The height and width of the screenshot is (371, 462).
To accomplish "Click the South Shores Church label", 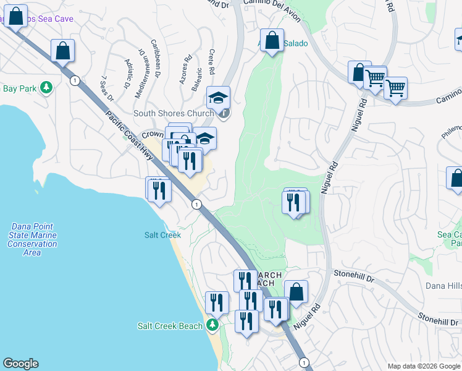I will (174, 113).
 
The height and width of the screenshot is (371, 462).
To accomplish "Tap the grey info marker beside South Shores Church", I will (224, 113).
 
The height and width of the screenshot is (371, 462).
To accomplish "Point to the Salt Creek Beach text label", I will (170, 326).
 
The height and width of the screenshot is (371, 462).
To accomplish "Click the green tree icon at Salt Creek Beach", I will (212, 325).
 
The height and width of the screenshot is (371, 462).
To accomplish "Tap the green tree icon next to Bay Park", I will (46, 88).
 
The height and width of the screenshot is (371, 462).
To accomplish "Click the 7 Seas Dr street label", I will (107, 88).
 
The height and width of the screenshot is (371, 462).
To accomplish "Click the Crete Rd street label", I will (212, 60).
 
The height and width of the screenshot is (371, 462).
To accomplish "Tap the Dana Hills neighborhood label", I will (443, 286).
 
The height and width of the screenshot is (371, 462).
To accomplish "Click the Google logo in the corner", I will (20, 364).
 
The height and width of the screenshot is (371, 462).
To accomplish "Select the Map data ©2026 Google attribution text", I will (423, 366).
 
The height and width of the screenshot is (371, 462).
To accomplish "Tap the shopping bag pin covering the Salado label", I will (272, 41).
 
